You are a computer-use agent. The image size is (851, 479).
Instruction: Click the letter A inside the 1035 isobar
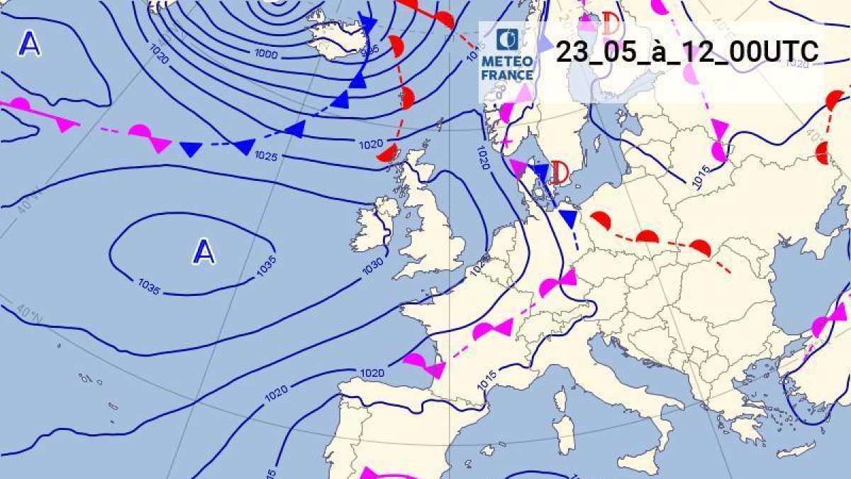pos(204,252)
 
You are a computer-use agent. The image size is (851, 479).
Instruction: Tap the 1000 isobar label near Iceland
pos(267,54)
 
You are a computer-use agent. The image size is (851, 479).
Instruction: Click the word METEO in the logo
pos(507,62)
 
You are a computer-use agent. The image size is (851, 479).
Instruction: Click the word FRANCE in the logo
pos(507,75)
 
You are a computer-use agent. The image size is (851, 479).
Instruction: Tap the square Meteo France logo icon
pos(507,40)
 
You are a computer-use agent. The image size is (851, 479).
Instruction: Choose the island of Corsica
pos(561,401)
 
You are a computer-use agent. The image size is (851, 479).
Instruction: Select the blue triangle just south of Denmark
pos(568,216)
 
